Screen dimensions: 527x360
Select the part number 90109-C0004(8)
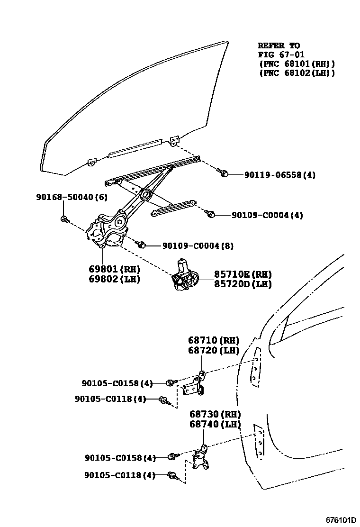(x=198, y=246)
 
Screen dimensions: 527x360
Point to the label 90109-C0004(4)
(x=268, y=215)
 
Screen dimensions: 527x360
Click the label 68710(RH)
(x=214, y=340)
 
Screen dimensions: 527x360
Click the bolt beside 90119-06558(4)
(x=224, y=173)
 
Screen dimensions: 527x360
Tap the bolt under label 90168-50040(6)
(x=65, y=219)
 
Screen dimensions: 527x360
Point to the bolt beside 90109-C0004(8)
(x=141, y=245)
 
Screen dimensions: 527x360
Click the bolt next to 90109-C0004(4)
(x=211, y=214)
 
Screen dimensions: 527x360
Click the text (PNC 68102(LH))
(x=297, y=73)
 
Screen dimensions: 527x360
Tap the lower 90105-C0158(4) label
(x=120, y=458)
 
